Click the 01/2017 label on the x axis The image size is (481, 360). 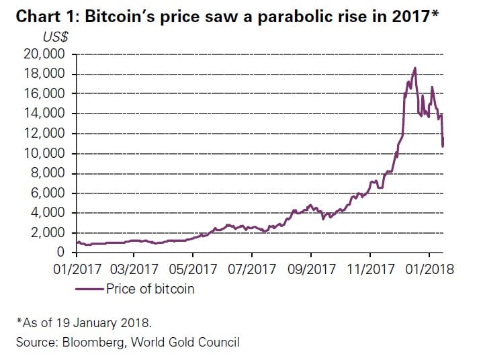[x=77, y=269]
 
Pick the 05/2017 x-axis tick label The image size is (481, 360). [x=193, y=269]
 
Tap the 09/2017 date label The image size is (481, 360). [x=311, y=269]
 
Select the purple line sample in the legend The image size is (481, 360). [x=89, y=289]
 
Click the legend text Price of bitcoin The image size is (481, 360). [x=150, y=289]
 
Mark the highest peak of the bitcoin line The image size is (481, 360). [x=415, y=68]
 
